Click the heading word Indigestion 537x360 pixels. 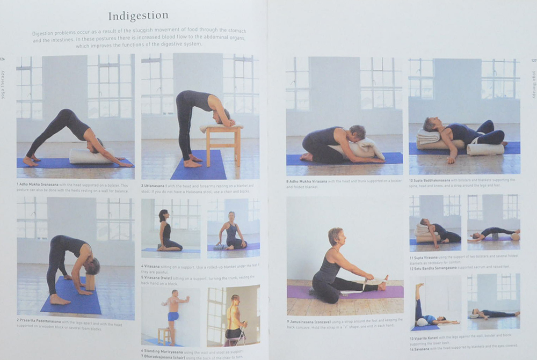tap(138, 16)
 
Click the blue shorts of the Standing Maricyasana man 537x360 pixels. tap(173, 316)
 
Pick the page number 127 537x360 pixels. tap(533, 61)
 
